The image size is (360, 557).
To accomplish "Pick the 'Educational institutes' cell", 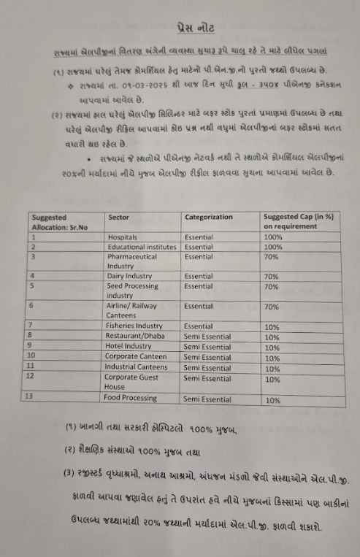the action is (x=142, y=247).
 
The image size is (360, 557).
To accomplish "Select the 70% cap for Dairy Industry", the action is (x=272, y=277).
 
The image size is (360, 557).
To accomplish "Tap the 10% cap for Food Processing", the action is (x=273, y=400).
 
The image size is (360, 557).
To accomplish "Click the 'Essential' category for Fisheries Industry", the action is (x=199, y=326).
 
